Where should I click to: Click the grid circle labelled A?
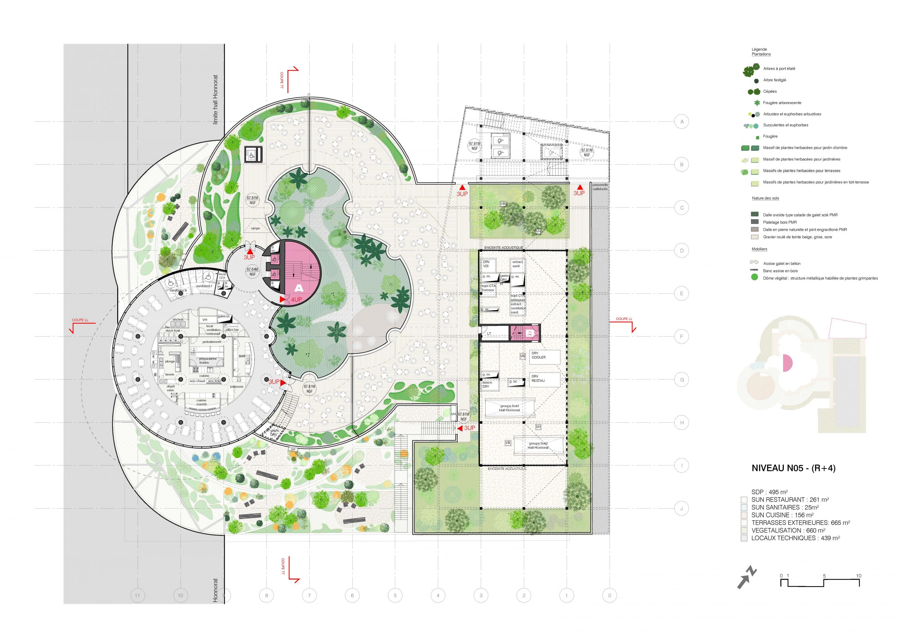(x=682, y=122)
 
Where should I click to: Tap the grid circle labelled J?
(x=682, y=508)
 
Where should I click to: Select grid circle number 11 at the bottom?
(x=137, y=595)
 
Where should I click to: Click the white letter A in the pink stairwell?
(x=299, y=288)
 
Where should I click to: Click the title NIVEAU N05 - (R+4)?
(x=793, y=468)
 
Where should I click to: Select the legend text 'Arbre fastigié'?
(x=774, y=80)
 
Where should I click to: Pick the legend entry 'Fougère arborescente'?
(x=782, y=103)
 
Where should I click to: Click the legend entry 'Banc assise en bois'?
(x=780, y=271)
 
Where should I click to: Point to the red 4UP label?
(x=296, y=300)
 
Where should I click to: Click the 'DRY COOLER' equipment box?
(x=544, y=356)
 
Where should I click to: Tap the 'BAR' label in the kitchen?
(x=242, y=356)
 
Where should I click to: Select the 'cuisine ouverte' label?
(x=201, y=402)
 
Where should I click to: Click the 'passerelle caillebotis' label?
(x=600, y=187)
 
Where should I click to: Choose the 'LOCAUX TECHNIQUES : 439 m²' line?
(x=795, y=538)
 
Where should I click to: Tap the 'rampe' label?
(x=255, y=228)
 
